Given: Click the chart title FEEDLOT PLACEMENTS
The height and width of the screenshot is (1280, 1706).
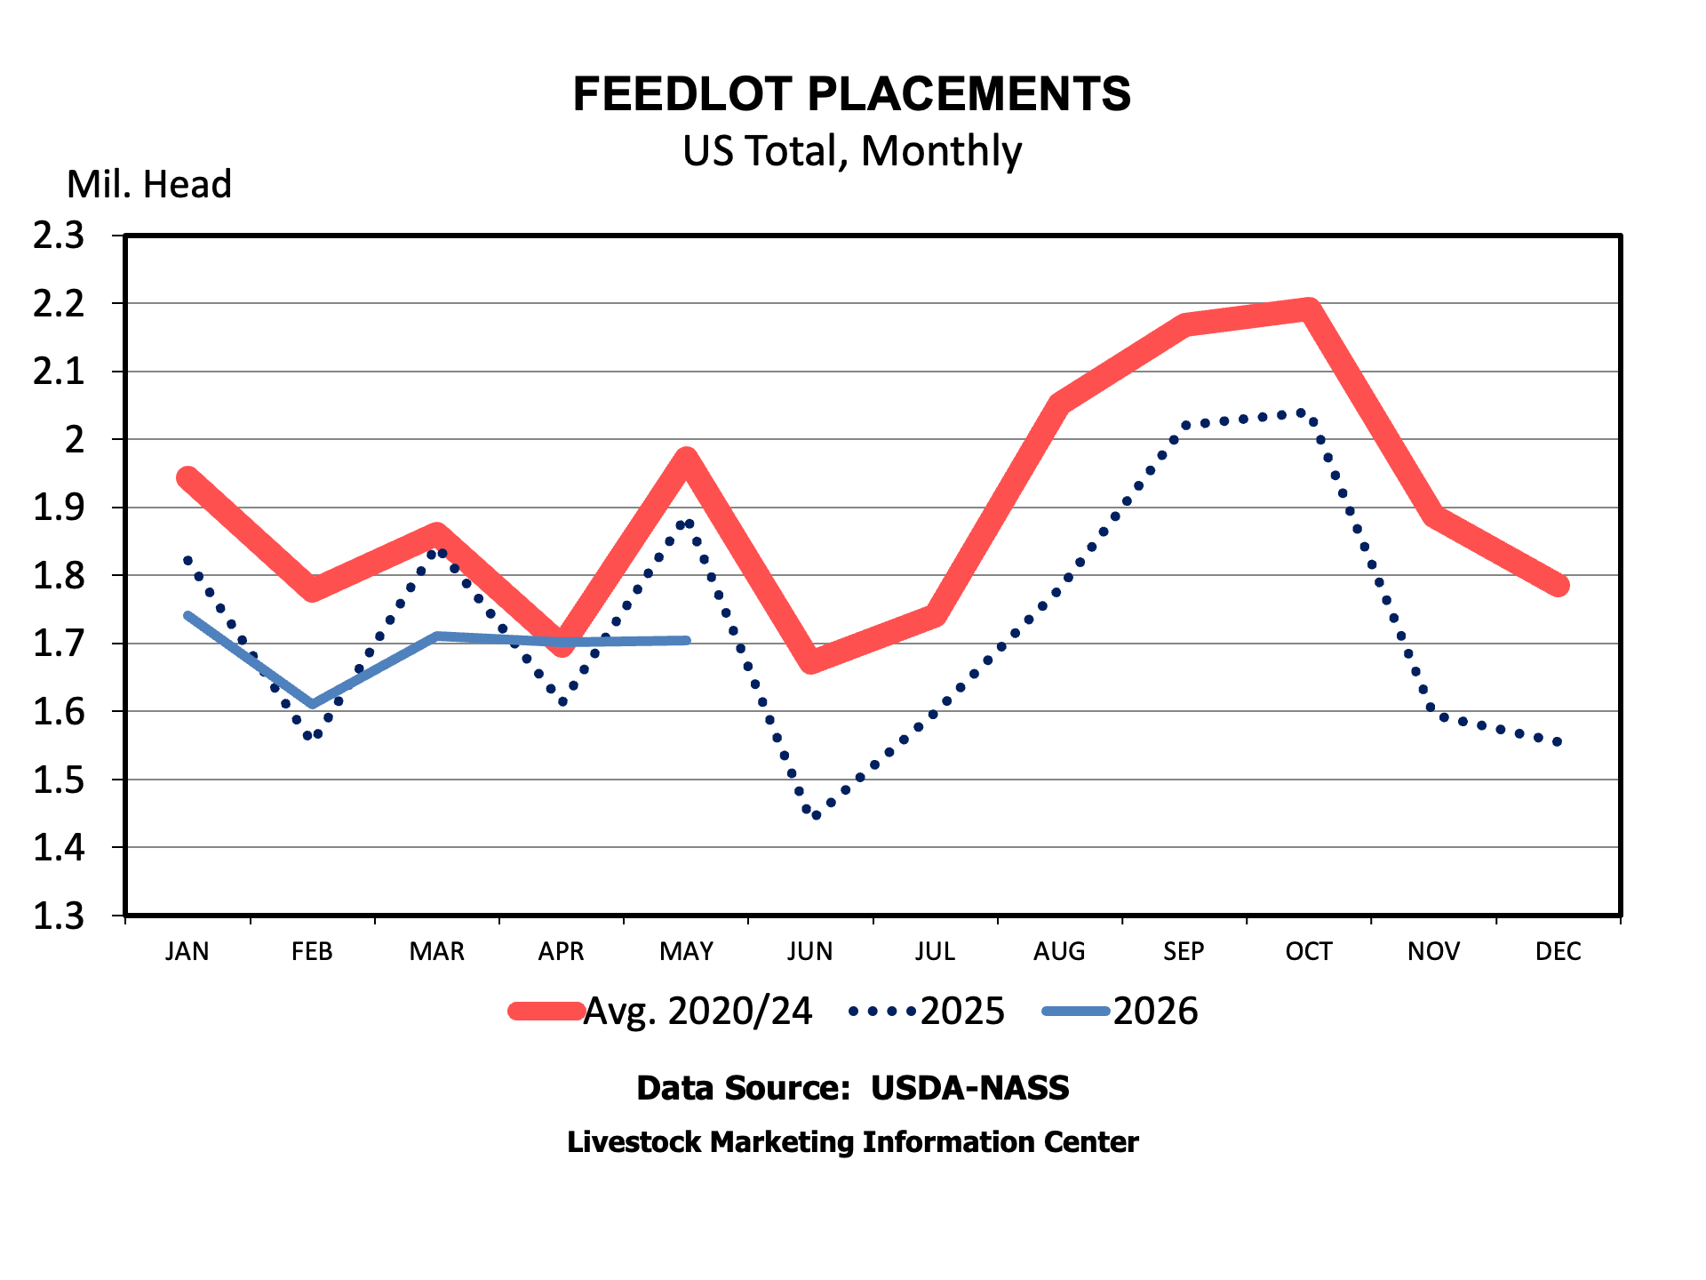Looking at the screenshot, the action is coord(852,94).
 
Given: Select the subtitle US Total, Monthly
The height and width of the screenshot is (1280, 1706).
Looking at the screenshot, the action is coord(852,151).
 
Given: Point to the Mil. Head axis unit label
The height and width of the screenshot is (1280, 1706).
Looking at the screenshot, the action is coord(149,184).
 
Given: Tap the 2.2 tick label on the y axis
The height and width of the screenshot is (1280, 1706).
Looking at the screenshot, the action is coord(59,304).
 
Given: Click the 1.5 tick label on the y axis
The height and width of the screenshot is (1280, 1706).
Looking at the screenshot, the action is coord(59,780).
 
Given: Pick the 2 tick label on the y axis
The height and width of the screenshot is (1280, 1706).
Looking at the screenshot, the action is coord(75,439).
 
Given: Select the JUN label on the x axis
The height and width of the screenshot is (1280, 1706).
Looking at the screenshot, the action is coord(810,951).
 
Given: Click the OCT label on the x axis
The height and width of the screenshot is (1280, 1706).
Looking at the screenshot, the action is coord(1309,951).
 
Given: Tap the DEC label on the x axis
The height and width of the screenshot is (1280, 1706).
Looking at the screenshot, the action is coord(1559,951).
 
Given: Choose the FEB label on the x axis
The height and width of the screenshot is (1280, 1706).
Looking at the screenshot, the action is coord(312,951).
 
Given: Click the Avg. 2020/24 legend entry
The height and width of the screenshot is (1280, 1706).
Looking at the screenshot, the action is coord(660,1012).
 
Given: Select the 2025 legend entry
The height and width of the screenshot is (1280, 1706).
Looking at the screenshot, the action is coord(927,1012).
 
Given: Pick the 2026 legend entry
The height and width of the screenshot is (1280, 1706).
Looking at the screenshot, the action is coord(1120,1012).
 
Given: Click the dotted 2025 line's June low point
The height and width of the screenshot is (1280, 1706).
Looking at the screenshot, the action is coord(817,815).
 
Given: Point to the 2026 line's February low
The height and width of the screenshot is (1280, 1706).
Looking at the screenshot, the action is coord(312,704).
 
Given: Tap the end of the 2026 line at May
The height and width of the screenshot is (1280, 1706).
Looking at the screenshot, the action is coord(687,640).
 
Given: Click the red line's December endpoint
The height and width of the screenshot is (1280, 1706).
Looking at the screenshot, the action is coord(1559,585).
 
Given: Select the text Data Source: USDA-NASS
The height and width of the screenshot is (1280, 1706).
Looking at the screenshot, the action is coord(853,1088).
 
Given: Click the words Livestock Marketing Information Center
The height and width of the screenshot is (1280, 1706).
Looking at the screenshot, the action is coord(853,1142).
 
